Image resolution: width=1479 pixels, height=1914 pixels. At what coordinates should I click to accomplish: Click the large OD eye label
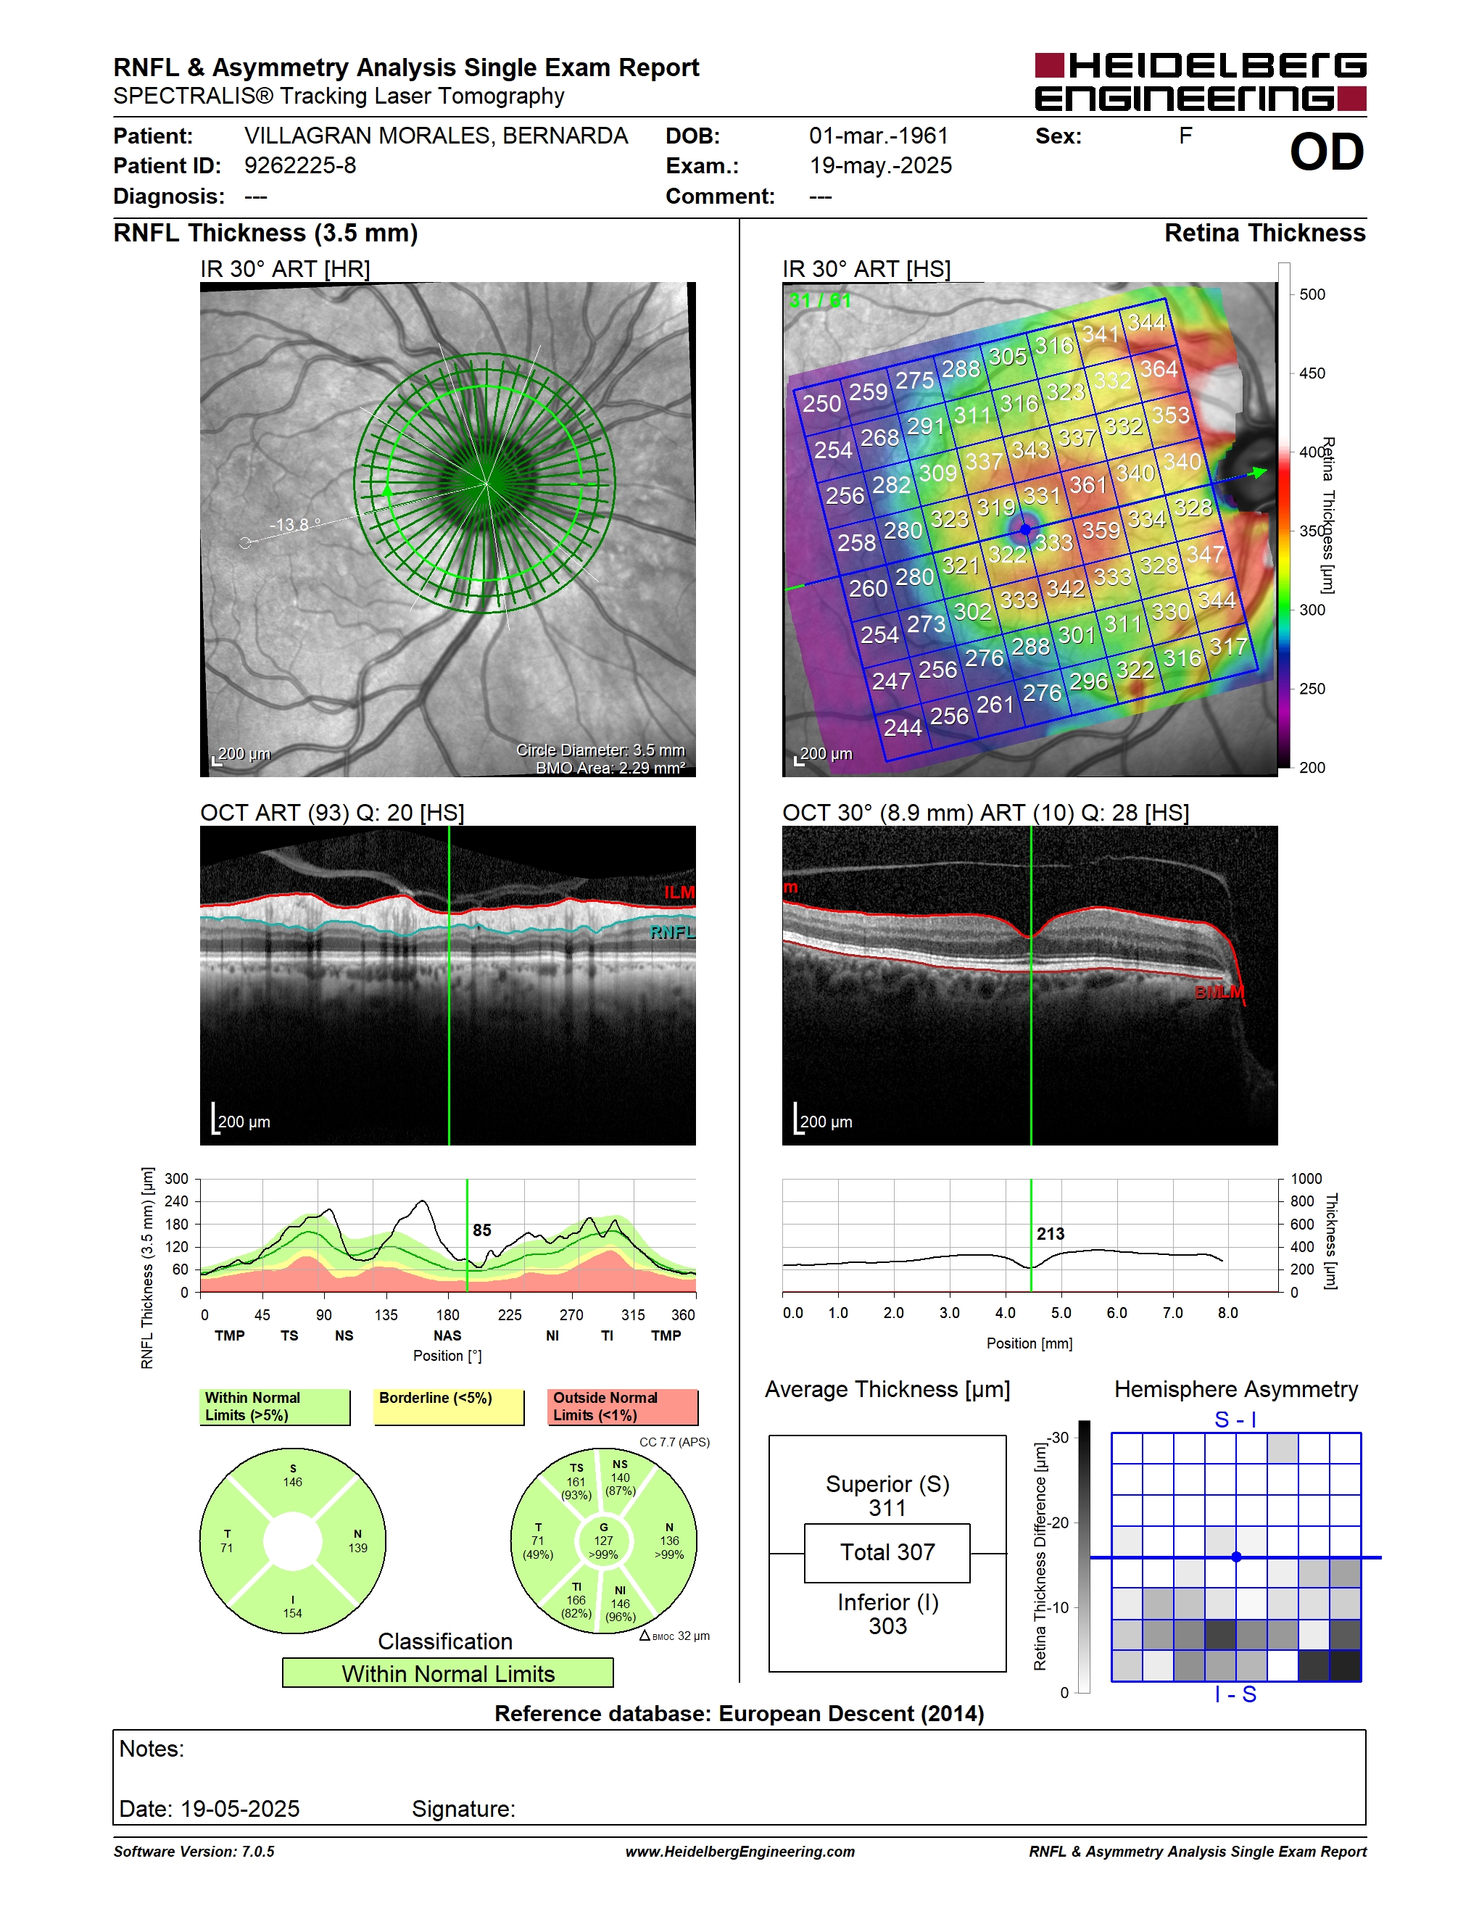point(1327,152)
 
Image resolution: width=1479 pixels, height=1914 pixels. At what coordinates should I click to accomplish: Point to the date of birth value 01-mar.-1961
point(879,136)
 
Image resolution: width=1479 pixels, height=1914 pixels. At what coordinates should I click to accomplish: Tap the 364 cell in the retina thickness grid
point(1159,370)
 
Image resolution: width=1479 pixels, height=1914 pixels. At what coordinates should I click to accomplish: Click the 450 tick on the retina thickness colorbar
point(1312,373)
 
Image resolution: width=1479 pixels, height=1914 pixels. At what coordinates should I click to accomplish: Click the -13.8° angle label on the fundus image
point(295,524)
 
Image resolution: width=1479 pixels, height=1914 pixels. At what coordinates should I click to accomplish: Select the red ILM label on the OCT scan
point(679,892)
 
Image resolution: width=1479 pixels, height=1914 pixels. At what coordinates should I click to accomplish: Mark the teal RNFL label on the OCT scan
point(672,932)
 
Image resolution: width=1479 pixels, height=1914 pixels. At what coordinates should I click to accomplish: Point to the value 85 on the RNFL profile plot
point(482,1230)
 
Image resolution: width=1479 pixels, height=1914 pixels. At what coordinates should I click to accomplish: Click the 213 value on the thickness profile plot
point(1051,1234)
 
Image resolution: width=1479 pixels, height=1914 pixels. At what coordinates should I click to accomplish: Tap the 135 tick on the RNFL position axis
point(386,1314)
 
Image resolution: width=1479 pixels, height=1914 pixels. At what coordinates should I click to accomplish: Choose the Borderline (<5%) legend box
point(449,1407)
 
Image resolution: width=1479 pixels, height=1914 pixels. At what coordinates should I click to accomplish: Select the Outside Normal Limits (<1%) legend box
point(623,1407)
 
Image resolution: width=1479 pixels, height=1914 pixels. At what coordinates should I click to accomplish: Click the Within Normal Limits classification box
point(448,1673)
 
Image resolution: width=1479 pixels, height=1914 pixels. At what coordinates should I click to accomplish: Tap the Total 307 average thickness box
point(887,1553)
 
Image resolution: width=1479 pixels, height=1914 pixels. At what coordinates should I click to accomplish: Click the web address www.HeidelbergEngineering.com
point(739,1852)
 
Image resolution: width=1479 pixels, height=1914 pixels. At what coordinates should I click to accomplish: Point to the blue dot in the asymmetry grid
point(1236,1557)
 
